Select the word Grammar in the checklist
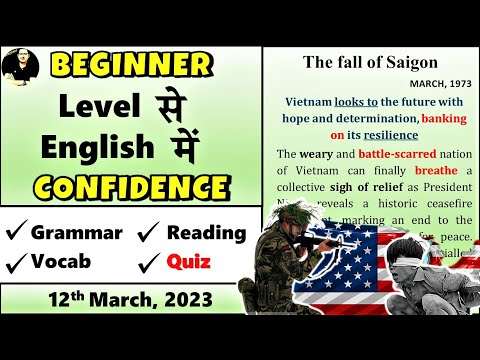76,233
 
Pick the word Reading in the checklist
206,233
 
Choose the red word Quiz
188,263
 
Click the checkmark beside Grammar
16,234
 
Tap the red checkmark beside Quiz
148,263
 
